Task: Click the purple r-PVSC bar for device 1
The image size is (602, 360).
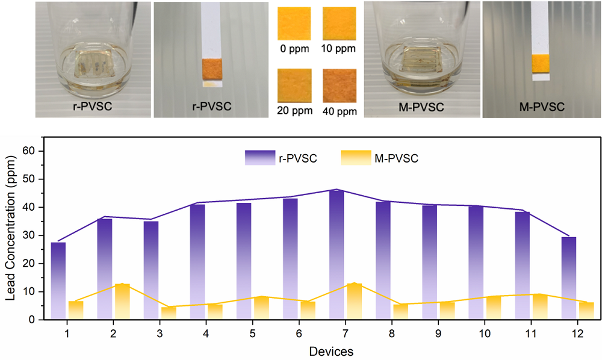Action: pyautogui.click(x=58, y=281)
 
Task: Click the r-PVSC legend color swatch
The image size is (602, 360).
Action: pyautogui.click(x=259, y=158)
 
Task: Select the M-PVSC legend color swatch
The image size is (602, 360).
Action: pyautogui.click(x=355, y=158)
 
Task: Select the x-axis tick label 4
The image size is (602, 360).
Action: pyautogui.click(x=206, y=332)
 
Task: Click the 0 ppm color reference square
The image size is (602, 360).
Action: pyautogui.click(x=294, y=23)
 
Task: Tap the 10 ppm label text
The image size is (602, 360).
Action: pyautogui.click(x=340, y=48)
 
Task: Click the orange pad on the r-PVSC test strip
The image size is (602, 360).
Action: pyautogui.click(x=211, y=69)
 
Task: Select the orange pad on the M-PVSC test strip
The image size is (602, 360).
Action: pyautogui.click(x=541, y=64)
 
